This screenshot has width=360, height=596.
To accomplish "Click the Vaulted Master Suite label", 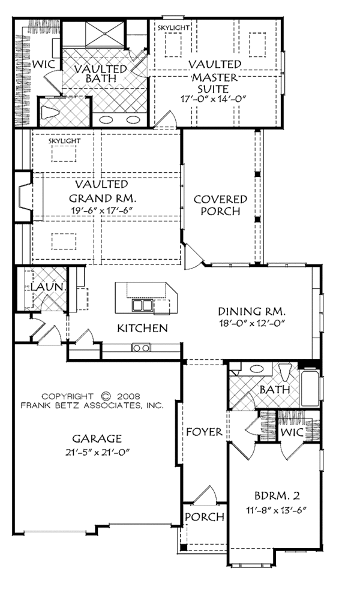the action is point(215,77).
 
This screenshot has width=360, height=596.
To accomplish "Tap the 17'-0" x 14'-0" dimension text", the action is point(215,99).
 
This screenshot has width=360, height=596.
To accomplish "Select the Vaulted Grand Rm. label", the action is point(102,191).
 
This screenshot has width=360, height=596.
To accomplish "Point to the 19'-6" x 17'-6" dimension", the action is point(102,210).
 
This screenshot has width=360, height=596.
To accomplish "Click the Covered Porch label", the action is point(220,205).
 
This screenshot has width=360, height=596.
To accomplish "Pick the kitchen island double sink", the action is point(142,305).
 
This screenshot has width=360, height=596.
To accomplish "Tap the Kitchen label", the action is point(142,327).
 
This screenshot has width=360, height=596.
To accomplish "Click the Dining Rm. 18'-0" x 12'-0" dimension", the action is point(251,323).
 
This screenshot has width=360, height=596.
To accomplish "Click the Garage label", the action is point(97,439).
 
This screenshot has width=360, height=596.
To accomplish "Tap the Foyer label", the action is point(204,432).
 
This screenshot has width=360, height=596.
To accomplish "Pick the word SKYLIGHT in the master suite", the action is point(173,28).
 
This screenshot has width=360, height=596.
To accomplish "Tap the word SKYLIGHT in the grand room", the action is point(65,141).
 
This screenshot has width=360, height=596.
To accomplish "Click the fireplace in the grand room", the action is point(24,196).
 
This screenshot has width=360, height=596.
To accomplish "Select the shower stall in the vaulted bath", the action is point(104,35).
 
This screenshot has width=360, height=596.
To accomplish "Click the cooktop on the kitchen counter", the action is point(141,347).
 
